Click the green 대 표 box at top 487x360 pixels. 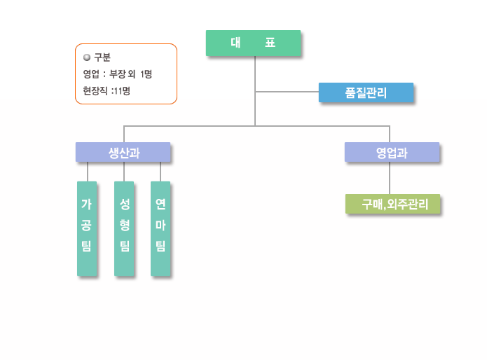253,43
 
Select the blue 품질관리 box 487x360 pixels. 366,92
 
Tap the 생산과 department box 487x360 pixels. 123,152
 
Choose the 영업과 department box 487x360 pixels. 392,152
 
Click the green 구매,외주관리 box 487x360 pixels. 392,204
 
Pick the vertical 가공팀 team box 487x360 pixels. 86,228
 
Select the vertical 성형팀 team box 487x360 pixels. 124,228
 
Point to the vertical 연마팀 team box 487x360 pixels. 160,228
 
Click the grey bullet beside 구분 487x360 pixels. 86,57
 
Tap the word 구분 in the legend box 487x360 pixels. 102,57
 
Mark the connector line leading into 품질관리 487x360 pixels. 287,91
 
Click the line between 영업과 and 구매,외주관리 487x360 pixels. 390,178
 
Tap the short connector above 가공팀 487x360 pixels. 87,172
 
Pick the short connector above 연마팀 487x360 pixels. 160,172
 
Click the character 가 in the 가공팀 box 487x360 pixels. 86,205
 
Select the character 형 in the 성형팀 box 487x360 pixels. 124,225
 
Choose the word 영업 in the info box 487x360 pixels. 91,74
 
